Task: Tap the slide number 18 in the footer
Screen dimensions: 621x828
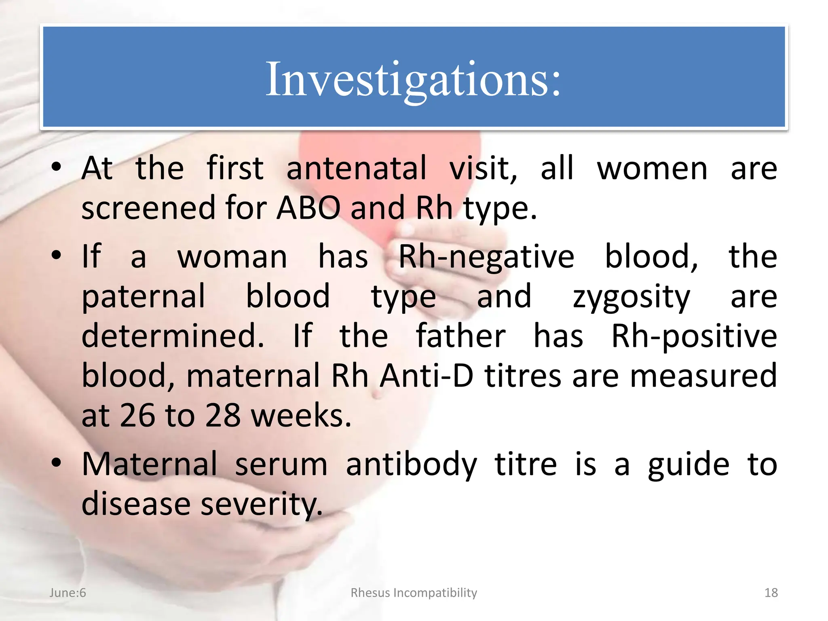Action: point(771,593)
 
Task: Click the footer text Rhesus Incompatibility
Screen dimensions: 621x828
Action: point(414,593)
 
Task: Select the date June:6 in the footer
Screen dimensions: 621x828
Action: point(68,593)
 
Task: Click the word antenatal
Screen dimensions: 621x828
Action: point(356,168)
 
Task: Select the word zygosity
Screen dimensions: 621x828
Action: point(631,296)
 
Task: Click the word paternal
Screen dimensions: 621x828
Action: point(144,296)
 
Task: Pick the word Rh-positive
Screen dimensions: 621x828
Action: point(694,336)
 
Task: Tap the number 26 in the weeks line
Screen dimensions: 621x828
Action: point(137,415)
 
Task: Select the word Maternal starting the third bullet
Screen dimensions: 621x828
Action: point(149,464)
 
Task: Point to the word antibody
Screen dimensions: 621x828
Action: point(411,464)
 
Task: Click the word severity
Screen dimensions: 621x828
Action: point(262,504)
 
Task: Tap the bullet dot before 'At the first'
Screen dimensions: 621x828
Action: point(56,167)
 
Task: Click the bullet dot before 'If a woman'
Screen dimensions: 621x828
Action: point(56,255)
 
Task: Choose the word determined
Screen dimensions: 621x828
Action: point(173,336)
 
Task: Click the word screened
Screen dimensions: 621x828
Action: point(148,208)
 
